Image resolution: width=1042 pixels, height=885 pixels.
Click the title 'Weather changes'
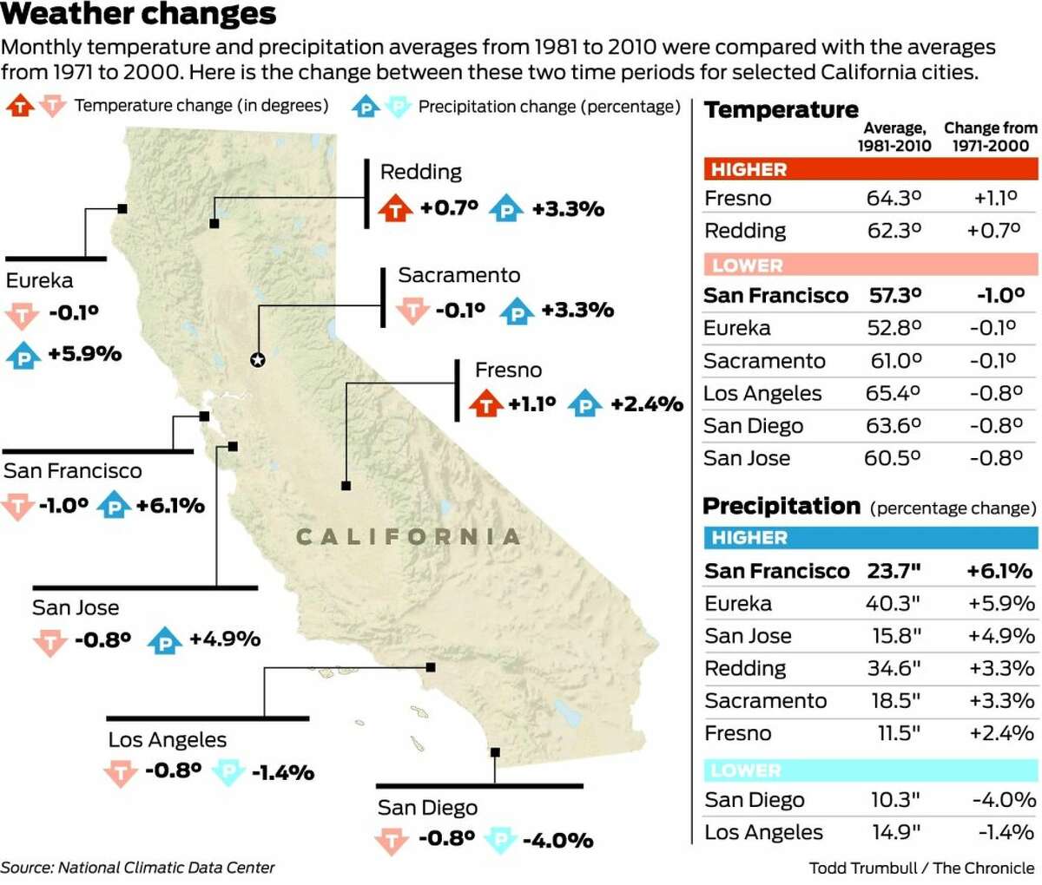(138, 15)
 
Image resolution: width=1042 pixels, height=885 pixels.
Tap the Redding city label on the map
(421, 172)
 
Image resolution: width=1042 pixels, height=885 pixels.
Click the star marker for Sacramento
(257, 359)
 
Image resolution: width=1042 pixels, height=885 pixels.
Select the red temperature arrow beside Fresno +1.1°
(485, 403)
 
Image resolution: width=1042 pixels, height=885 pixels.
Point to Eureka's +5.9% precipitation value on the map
(84, 354)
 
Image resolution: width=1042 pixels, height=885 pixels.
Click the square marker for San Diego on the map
(495, 752)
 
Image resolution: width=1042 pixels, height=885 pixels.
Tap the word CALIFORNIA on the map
(408, 537)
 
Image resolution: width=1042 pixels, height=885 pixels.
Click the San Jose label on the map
(76, 607)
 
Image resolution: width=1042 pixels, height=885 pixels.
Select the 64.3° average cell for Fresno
(894, 199)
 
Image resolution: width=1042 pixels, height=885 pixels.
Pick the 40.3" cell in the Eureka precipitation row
(894, 604)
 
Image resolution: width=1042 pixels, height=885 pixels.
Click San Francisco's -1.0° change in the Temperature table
(999, 296)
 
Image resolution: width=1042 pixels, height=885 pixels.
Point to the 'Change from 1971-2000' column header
(990, 136)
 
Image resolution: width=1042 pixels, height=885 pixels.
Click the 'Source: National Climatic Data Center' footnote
(138, 868)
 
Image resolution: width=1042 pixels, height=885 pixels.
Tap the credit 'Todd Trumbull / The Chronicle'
(921, 868)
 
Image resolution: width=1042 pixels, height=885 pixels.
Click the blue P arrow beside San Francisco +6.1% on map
(114, 505)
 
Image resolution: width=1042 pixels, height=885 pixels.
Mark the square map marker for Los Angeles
(430, 667)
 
